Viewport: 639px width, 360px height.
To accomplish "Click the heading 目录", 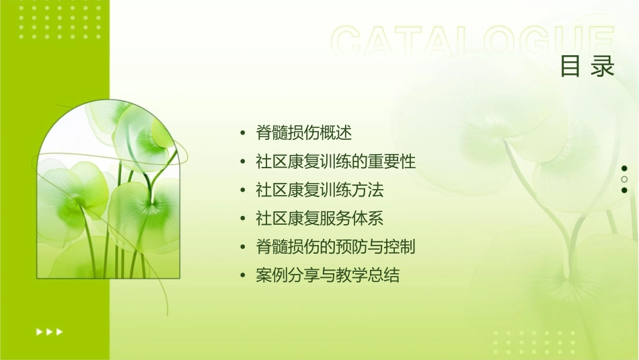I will pyautogui.click(x=587, y=67).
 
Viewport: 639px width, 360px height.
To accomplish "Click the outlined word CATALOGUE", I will pyautogui.click(x=472, y=42).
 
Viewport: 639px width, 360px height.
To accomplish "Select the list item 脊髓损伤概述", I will pyautogui.click(x=303, y=133).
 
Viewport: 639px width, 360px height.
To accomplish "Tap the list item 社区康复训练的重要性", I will pyautogui.click(x=336, y=161).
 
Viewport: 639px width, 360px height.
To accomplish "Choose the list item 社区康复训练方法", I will pyautogui.click(x=319, y=190).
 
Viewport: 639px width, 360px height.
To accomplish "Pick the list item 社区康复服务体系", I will pyautogui.click(x=319, y=219).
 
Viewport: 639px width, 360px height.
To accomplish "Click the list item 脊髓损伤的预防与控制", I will pyautogui.click(x=336, y=247).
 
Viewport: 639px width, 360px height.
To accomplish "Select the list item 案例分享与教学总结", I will pyautogui.click(x=328, y=275).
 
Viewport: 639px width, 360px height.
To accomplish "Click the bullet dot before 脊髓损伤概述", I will pyautogui.click(x=242, y=133).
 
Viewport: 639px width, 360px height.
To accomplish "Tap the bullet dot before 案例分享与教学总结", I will pyautogui.click(x=242, y=276).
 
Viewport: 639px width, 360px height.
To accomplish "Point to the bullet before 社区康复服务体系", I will pyautogui.click(x=242, y=219).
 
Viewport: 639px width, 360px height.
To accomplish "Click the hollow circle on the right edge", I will pyautogui.click(x=624, y=179).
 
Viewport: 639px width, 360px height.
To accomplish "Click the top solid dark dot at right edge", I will pyautogui.click(x=624, y=168).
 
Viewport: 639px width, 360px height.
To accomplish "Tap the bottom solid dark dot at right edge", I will pyautogui.click(x=624, y=190).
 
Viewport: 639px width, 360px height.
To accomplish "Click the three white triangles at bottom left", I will pyautogui.click(x=49, y=331).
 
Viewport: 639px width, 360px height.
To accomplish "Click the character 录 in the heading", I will pyautogui.click(x=603, y=67).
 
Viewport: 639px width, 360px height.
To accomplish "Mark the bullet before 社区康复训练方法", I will pyautogui.click(x=242, y=190).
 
